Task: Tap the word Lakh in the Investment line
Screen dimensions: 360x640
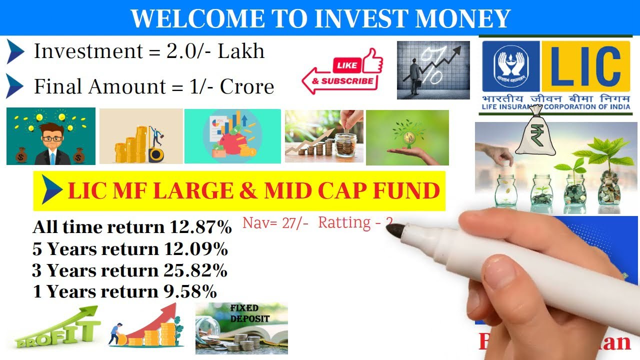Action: pos(241,51)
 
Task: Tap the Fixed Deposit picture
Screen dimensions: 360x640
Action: pos(241,328)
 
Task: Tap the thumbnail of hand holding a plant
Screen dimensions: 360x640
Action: pos(407,137)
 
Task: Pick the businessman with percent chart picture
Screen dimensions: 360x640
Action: pos(433,70)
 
